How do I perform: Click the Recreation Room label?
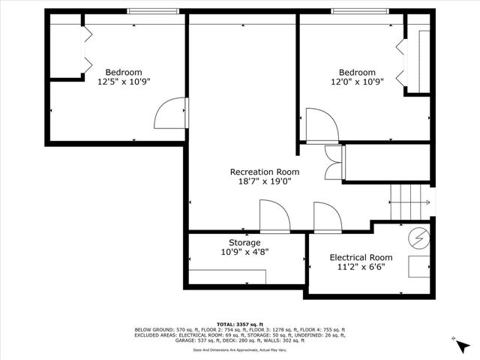tap(264, 172)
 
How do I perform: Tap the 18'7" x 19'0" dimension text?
tap(264, 181)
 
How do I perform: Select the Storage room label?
tap(244, 243)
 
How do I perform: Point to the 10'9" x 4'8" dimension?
tap(244, 253)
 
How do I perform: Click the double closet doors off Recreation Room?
tap(331, 162)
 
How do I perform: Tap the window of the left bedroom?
tap(154, 10)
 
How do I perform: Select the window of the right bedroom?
tap(360, 10)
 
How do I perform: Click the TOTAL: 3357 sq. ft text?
tap(240, 322)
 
